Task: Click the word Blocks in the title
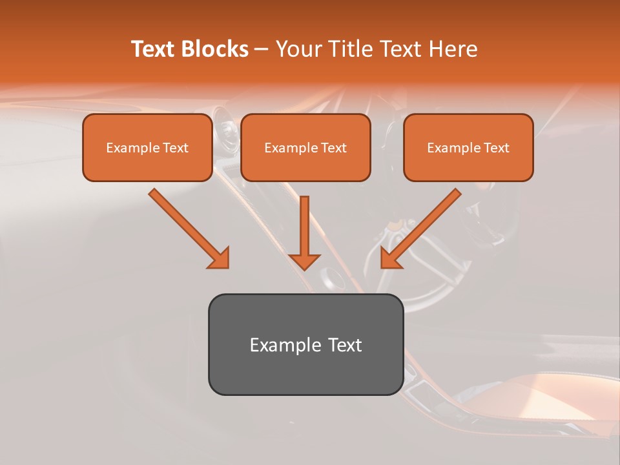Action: [x=214, y=49]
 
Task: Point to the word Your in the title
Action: [x=299, y=49]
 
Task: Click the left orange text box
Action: [x=147, y=147]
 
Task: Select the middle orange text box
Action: [x=305, y=147]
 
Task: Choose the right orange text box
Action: [x=468, y=147]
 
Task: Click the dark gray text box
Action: [x=305, y=344]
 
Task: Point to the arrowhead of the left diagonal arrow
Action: [x=220, y=258]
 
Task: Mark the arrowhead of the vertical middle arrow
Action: [x=304, y=261]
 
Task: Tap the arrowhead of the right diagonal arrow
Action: [x=390, y=258]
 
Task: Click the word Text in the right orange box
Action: [x=497, y=148]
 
